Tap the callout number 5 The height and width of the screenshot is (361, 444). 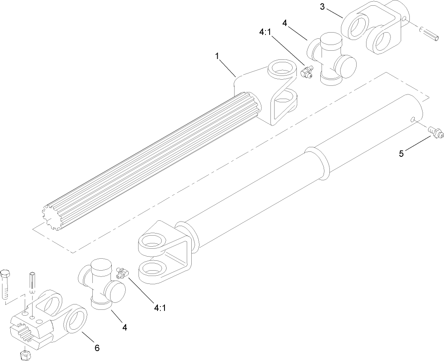402,154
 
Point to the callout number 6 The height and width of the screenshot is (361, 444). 97,348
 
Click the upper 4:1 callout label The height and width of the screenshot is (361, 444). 265,32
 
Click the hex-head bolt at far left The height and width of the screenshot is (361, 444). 6,284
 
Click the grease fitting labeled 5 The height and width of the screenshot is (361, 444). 435,133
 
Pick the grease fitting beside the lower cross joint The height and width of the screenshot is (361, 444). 122,272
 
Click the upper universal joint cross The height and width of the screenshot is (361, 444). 332,60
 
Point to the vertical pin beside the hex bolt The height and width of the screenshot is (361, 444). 33,283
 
